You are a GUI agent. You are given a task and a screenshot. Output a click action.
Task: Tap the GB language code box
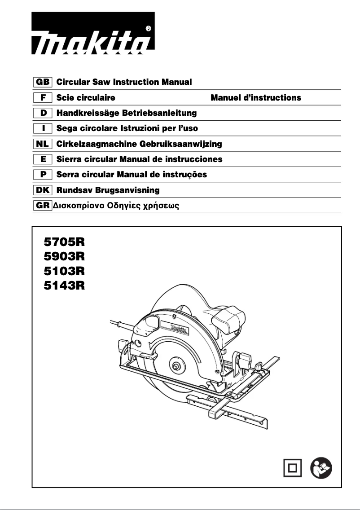(43, 82)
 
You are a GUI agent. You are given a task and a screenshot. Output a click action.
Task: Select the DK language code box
(43, 190)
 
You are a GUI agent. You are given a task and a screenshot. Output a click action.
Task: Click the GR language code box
(43, 206)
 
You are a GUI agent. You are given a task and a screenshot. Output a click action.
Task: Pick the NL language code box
(43, 144)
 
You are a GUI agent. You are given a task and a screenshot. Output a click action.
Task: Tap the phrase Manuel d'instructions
(256, 98)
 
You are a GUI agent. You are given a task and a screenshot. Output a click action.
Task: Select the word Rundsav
(74, 190)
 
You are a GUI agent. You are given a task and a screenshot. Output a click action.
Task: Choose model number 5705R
(64, 243)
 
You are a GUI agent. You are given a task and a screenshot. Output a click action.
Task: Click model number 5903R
(64, 257)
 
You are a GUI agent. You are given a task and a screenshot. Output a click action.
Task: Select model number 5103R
(64, 271)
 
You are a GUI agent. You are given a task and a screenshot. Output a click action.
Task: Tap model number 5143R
(64, 285)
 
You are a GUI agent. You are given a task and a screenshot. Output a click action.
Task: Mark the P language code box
(43, 175)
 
